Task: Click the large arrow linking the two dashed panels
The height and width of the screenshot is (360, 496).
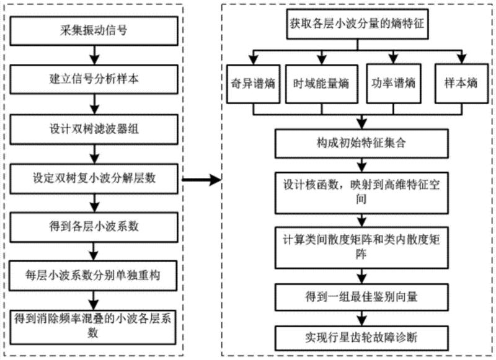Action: pos(200,180)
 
